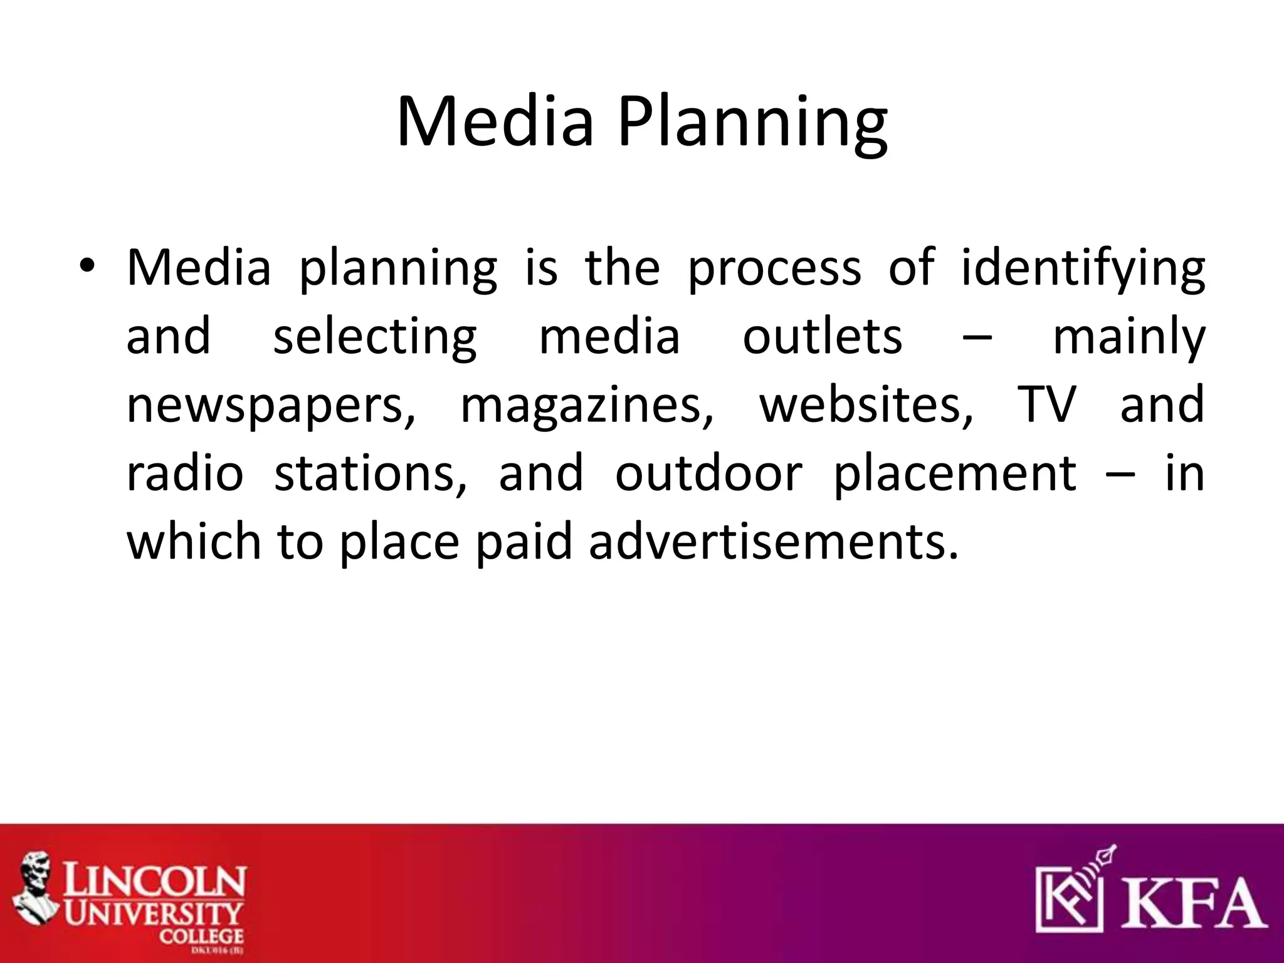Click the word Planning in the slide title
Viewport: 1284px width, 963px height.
752,122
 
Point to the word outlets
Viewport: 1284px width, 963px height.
822,336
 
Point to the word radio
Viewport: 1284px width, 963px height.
185,473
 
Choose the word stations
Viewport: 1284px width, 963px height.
371,473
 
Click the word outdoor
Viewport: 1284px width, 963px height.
708,473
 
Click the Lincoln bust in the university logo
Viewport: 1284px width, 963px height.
38,893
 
